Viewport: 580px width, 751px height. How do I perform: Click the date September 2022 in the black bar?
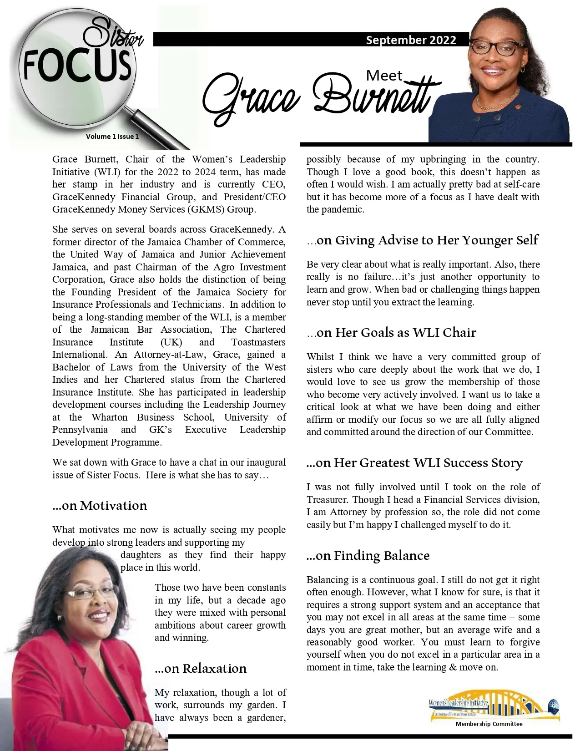411,40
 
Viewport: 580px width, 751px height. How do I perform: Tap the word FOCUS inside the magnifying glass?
77,67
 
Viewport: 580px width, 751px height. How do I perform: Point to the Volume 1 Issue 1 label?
112,136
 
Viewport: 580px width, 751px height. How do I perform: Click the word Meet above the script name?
384,76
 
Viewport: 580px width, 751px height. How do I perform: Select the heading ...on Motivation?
100,506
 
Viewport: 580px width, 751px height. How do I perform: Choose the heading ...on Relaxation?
201,668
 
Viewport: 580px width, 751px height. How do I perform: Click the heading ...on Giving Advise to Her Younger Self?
423,240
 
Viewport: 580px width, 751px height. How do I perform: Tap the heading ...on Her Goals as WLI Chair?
391,333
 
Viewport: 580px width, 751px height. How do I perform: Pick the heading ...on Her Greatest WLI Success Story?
414,463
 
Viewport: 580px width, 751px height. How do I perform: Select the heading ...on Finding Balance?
368,556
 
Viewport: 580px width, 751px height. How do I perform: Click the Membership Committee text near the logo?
489,724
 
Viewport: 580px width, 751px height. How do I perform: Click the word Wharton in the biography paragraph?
110,417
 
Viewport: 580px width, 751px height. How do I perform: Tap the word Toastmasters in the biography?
258,342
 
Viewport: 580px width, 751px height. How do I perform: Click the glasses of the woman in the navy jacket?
496,47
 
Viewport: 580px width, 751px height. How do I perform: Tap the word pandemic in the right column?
347,210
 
